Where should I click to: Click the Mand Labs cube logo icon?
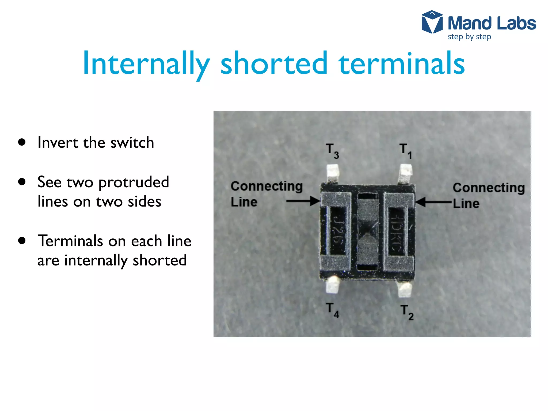[x=432, y=22]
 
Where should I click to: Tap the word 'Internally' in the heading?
[x=146, y=64]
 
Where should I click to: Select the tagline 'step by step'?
[x=469, y=37]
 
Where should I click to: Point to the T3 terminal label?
[x=332, y=151]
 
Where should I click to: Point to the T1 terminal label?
[x=405, y=151]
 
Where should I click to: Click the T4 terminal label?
[x=332, y=310]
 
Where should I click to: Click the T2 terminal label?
[x=406, y=312]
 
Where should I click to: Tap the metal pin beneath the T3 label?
[x=333, y=173]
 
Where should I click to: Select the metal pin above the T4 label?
[x=333, y=285]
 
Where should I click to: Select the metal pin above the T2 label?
[x=405, y=289]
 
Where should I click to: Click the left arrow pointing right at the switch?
[x=303, y=201]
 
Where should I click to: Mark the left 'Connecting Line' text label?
[x=266, y=194]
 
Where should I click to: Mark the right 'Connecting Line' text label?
[x=488, y=195]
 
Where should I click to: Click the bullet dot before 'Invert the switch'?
[x=22, y=142]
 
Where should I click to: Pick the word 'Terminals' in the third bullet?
[x=70, y=241]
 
